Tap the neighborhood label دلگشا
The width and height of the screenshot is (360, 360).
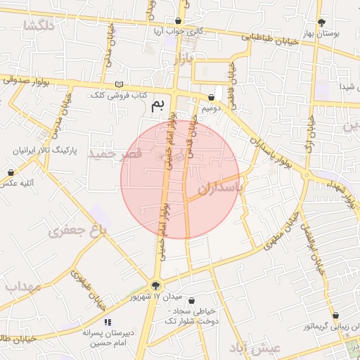[39, 26]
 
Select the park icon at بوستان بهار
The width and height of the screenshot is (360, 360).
[321, 22]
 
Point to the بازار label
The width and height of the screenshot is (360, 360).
[181, 60]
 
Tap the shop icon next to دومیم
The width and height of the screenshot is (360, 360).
[212, 98]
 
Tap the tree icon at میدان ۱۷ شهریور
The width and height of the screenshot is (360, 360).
[155, 285]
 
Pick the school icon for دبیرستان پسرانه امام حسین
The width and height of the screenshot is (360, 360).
[107, 321]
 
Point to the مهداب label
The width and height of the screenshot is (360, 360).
[22, 286]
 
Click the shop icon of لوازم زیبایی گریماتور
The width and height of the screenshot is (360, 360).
[335, 316]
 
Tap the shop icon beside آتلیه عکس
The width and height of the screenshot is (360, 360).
[11, 172]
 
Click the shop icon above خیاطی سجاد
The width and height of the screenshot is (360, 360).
[192, 300]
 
